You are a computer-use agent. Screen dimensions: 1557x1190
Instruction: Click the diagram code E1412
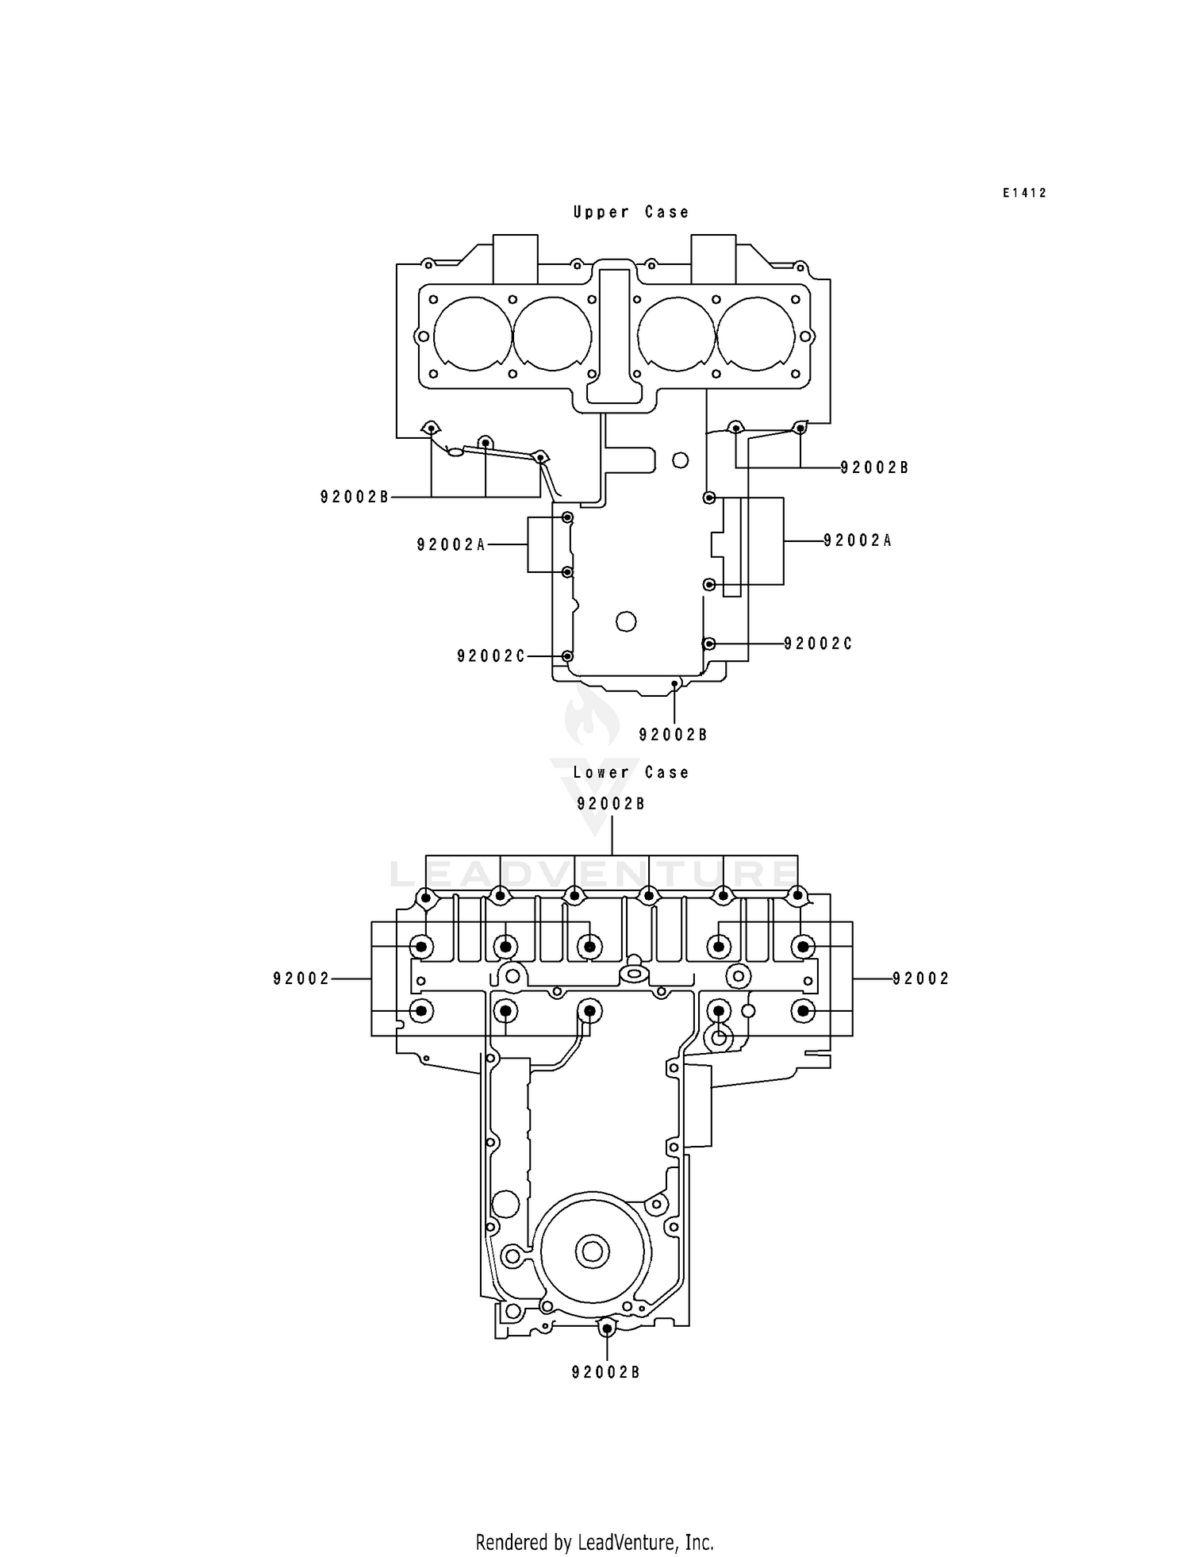pos(1024,193)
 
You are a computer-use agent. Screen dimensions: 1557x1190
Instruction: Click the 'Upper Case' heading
pos(631,212)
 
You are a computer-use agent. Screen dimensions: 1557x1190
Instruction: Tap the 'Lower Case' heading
pos(631,772)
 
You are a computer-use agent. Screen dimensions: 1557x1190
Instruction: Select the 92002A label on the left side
pos(451,544)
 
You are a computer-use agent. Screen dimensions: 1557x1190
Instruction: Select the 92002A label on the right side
pos(858,540)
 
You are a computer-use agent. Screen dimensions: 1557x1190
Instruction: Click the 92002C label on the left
pos(491,656)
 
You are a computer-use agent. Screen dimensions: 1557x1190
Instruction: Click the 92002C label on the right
pos(818,644)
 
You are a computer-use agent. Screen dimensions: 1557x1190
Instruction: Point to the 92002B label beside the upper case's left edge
pos(355,497)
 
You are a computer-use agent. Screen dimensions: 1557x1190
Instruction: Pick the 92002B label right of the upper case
pos(874,467)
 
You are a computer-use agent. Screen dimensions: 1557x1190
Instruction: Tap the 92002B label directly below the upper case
pos(673,735)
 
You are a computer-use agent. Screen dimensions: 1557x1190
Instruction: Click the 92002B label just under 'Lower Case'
pos(611,804)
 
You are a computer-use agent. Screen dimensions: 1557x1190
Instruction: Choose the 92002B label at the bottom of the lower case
pos(605,1372)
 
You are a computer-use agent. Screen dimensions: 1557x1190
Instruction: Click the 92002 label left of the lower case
pos(301,979)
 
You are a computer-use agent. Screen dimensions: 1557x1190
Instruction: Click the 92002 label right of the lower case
pos(920,978)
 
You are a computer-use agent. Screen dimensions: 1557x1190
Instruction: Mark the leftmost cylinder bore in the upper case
pos(472,334)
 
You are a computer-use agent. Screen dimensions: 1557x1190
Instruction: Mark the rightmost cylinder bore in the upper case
pos(755,334)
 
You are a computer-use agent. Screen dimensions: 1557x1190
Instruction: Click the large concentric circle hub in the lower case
pos(592,1252)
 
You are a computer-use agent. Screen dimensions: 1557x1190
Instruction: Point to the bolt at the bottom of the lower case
pos(607,1328)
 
